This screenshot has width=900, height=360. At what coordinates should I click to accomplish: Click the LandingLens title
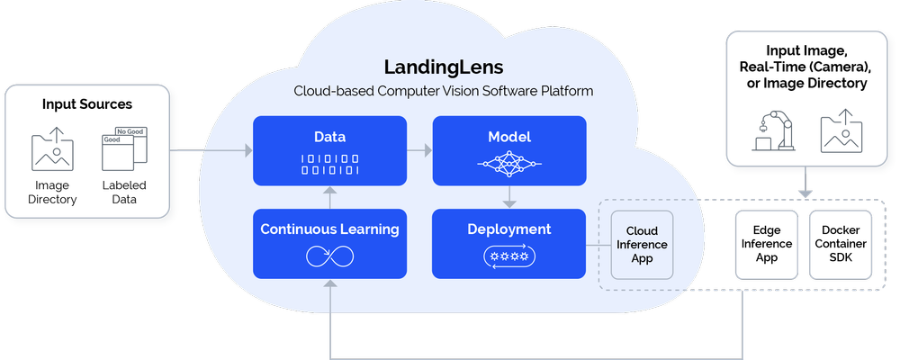(x=444, y=67)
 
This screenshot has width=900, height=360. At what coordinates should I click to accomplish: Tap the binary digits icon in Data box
(x=330, y=164)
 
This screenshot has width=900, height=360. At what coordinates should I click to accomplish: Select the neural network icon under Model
(x=509, y=164)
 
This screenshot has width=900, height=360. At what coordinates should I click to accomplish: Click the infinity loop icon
(x=329, y=256)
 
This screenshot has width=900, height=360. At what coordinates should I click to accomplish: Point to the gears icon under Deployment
(x=509, y=256)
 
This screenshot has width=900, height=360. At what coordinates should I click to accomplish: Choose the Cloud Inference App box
(x=642, y=245)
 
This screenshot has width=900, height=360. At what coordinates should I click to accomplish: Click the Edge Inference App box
(x=767, y=245)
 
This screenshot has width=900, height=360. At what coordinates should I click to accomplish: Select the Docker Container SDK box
(x=841, y=245)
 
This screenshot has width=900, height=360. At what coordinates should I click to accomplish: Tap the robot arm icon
(x=773, y=131)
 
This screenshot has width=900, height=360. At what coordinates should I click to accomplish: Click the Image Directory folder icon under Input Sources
(x=52, y=149)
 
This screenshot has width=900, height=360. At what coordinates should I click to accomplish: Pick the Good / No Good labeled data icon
(x=124, y=149)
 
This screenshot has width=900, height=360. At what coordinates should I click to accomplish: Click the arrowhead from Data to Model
(x=427, y=150)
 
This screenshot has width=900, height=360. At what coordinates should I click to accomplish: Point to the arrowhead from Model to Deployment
(x=509, y=203)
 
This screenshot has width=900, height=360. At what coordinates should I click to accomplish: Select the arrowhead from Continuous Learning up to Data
(x=330, y=191)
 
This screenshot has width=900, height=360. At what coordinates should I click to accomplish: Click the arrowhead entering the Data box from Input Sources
(x=248, y=150)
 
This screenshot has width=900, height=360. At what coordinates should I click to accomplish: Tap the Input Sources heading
(x=87, y=104)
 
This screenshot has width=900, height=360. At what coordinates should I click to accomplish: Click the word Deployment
(x=509, y=229)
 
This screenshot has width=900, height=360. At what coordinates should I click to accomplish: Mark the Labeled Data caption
(x=124, y=193)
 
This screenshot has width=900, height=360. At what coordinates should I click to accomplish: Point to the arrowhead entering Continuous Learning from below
(x=330, y=283)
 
